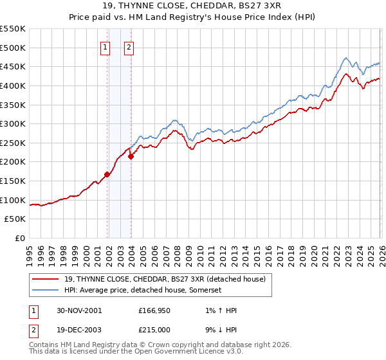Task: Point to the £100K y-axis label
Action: (x=13, y=200)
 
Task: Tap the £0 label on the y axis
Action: (x=20, y=239)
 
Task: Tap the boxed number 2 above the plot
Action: (x=129, y=46)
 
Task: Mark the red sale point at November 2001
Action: (x=107, y=174)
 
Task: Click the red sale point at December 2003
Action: (x=131, y=156)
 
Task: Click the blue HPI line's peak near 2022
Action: (x=345, y=58)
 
